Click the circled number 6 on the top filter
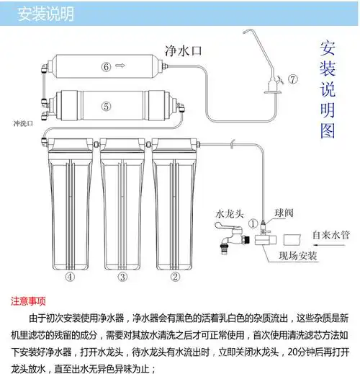105,67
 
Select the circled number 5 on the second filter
105,106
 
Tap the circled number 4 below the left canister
69,277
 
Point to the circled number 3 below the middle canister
122,277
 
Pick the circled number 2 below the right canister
174,277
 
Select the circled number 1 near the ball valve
253,223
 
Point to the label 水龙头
230,213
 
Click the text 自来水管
330,234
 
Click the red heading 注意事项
30,300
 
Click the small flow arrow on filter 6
119,67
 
